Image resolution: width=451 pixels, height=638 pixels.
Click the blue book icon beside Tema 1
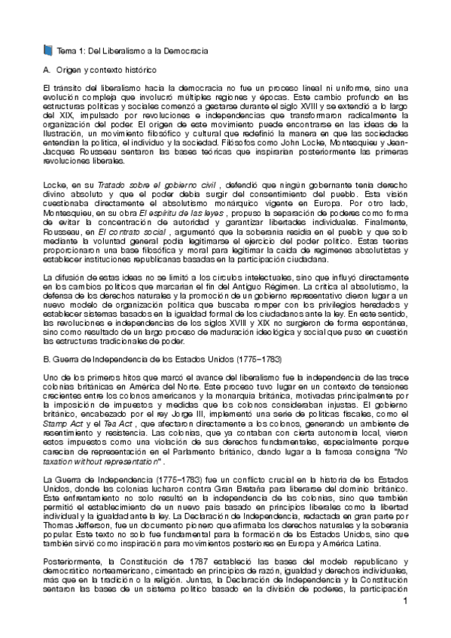click(49, 50)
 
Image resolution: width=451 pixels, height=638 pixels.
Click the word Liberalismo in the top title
click(111, 50)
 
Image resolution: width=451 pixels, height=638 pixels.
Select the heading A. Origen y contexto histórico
click(99, 69)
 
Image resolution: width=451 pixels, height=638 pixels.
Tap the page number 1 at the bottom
click(404, 624)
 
